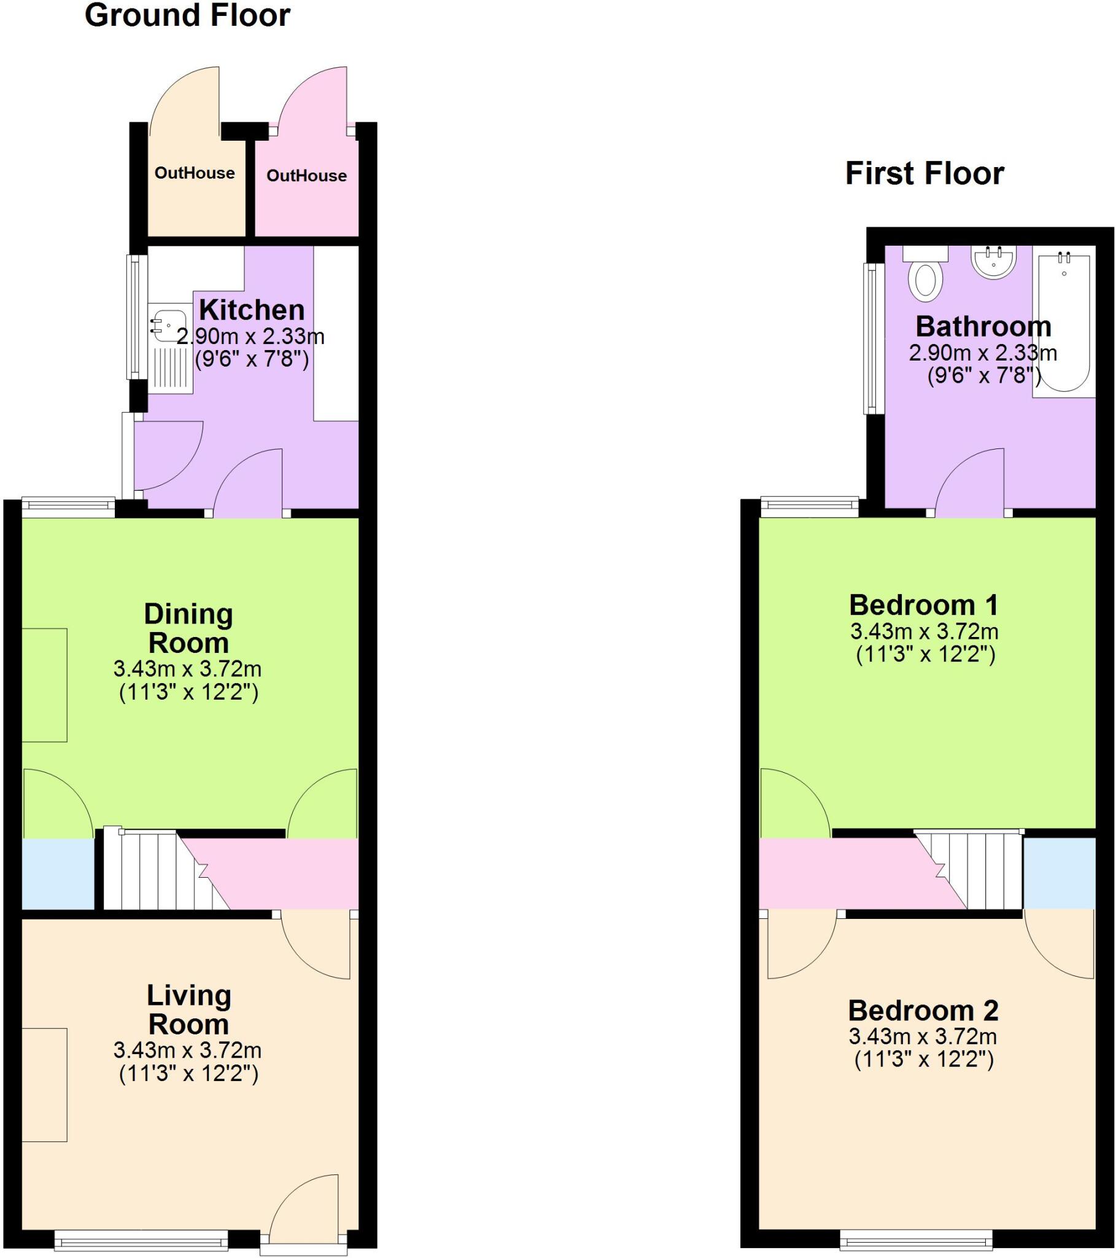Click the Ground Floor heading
click(x=187, y=16)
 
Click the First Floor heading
click(x=924, y=174)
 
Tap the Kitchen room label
click(x=252, y=310)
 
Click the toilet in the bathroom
click(x=925, y=280)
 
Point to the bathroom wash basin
click(x=993, y=261)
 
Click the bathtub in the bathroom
click(x=1064, y=323)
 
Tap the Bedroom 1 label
click(x=923, y=606)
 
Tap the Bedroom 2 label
click(x=923, y=1010)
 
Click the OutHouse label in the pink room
click(x=306, y=176)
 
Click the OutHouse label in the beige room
click(x=195, y=173)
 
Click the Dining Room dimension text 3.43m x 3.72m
click(x=188, y=668)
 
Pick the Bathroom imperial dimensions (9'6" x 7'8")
click(x=984, y=375)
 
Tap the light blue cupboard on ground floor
click(x=58, y=874)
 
